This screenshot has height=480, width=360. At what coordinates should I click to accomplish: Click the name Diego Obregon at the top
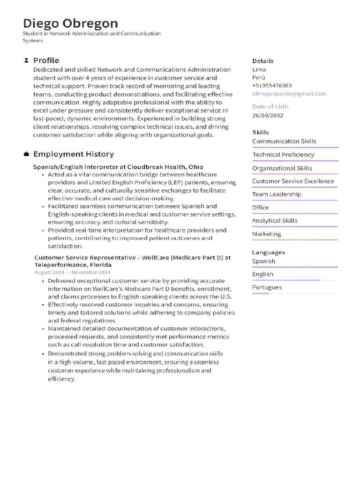[x=70, y=23]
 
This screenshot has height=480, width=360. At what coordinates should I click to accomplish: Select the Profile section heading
[x=46, y=60]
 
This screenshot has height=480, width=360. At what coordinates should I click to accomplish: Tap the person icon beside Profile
[x=26, y=60]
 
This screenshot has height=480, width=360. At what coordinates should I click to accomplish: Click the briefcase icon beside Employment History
[x=26, y=154]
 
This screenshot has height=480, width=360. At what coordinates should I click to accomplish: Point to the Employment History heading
[x=73, y=154]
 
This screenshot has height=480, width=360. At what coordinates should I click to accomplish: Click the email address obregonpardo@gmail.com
[x=289, y=94]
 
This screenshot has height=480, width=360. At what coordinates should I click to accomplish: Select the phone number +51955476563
[x=272, y=86]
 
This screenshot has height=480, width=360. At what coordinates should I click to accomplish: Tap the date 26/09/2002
[x=268, y=115]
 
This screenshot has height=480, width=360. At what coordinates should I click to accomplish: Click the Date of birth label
[x=270, y=106]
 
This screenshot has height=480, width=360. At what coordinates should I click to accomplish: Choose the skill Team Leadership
[x=277, y=194]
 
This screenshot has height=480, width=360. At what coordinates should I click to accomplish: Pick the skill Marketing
[x=266, y=234]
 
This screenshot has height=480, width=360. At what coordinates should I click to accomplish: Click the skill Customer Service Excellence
[x=293, y=181]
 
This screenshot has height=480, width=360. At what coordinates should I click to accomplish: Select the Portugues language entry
[x=267, y=287]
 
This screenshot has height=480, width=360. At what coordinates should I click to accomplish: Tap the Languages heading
[x=268, y=252]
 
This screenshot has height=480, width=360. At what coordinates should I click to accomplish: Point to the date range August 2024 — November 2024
[x=72, y=272]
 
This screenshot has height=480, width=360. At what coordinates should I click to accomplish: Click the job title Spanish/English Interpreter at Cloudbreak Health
[x=118, y=167]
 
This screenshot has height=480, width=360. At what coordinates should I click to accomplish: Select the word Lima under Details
[x=259, y=69]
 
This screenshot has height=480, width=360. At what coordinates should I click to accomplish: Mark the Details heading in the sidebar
[x=262, y=61]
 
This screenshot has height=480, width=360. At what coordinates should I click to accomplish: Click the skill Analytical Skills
[x=275, y=220]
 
